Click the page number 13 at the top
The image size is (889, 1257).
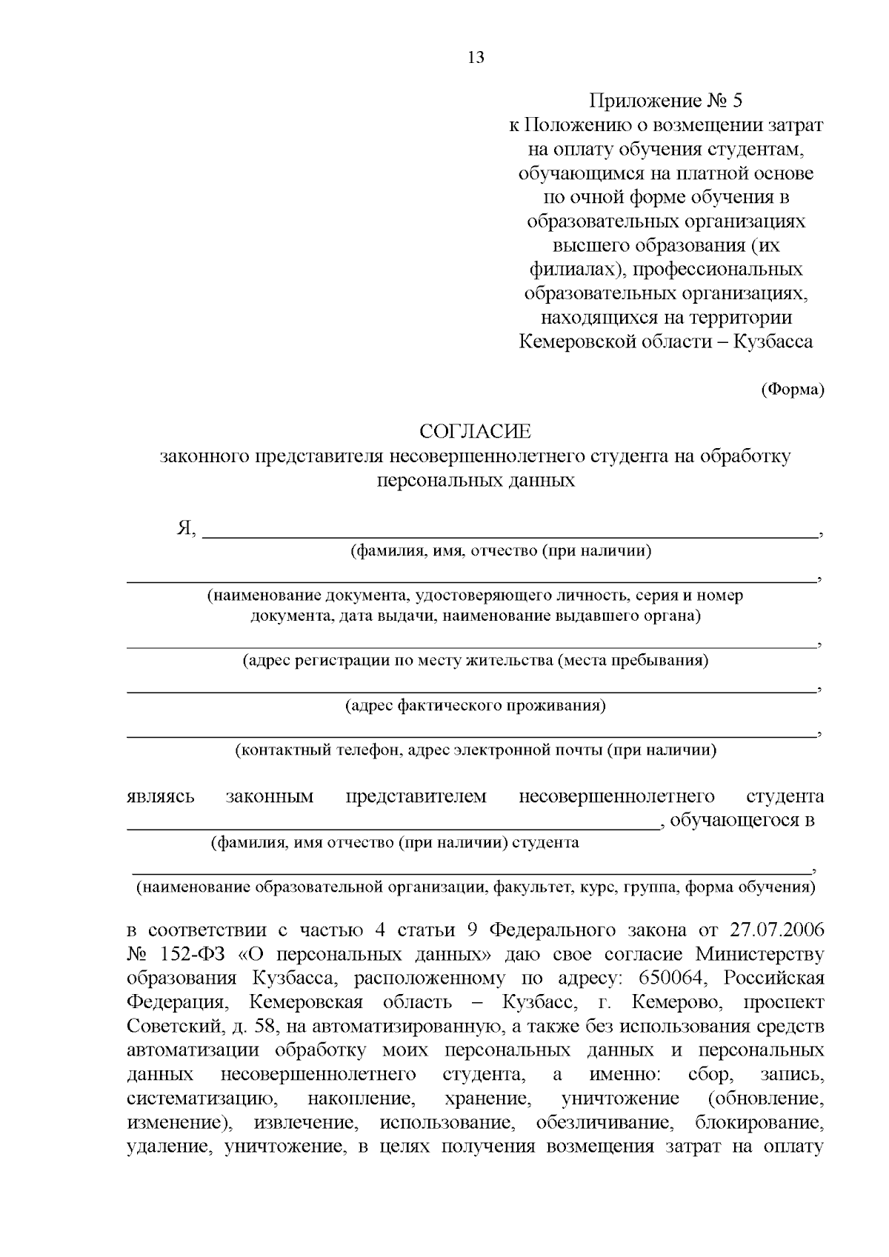pyautogui.click(x=476, y=57)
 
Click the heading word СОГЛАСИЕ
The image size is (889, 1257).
pyautogui.click(x=476, y=432)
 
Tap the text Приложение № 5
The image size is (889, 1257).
pyautogui.click(x=665, y=101)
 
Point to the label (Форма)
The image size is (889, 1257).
pyautogui.click(x=792, y=390)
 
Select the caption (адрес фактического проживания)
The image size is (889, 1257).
pyautogui.click(x=476, y=706)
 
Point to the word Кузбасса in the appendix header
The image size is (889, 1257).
pyautogui.click(x=773, y=341)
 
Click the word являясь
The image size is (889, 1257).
pyautogui.click(x=161, y=797)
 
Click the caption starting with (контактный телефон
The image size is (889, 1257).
pyautogui.click(x=476, y=750)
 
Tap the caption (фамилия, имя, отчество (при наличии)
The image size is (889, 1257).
pyautogui.click(x=501, y=551)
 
